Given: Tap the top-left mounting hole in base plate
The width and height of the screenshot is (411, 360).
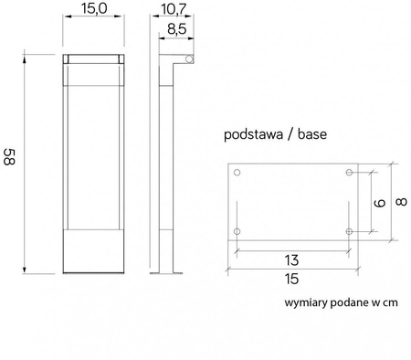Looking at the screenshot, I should pos(237,173).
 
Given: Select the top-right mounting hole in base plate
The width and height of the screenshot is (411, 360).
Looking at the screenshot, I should pos(349,173).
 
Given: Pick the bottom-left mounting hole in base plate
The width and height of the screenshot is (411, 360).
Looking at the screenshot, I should pos(237,232).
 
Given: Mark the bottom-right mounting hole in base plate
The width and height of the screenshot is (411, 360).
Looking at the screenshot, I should pos(349,232).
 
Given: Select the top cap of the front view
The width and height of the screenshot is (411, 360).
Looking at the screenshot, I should pos(93,60).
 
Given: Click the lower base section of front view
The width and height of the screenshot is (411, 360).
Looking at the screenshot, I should pos(93,250).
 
